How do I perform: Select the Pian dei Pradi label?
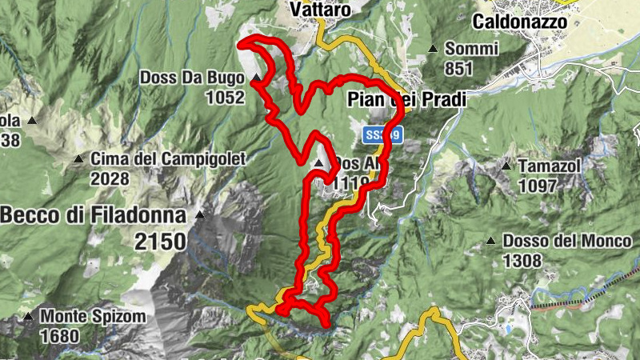pyautogui.click(x=406, y=98)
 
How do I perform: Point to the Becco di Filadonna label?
pyautogui.click(x=93, y=214)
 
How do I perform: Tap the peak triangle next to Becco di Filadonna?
pyautogui.click(x=199, y=214)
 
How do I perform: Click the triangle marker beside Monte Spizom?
pyautogui.click(x=29, y=317)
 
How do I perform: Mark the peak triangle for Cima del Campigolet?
pyautogui.click(x=78, y=159)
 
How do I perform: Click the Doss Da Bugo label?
pyautogui.click(x=191, y=78)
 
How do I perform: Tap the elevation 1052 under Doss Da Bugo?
pyautogui.click(x=224, y=98)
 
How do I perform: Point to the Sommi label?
pyautogui.click(x=466, y=48)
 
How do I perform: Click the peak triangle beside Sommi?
pyautogui.click(x=433, y=49)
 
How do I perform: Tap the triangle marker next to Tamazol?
pyautogui.click(x=506, y=166)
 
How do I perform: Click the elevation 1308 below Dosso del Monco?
pyautogui.click(x=523, y=260)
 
